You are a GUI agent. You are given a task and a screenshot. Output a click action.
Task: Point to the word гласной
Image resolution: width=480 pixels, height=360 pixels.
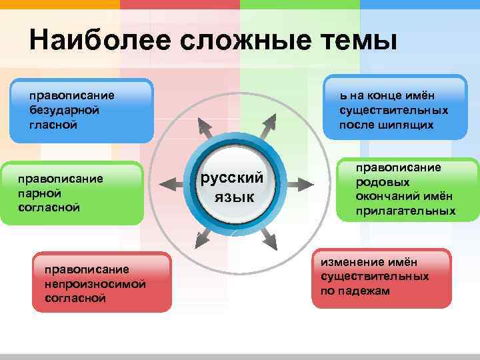(x=53, y=125)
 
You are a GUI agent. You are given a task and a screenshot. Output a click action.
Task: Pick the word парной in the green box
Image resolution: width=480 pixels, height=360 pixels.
(x=40, y=193)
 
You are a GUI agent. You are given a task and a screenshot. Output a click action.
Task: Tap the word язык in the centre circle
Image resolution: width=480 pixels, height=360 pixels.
(x=233, y=197)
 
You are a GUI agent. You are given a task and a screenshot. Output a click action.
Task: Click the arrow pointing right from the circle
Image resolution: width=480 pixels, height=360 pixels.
(x=303, y=181)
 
